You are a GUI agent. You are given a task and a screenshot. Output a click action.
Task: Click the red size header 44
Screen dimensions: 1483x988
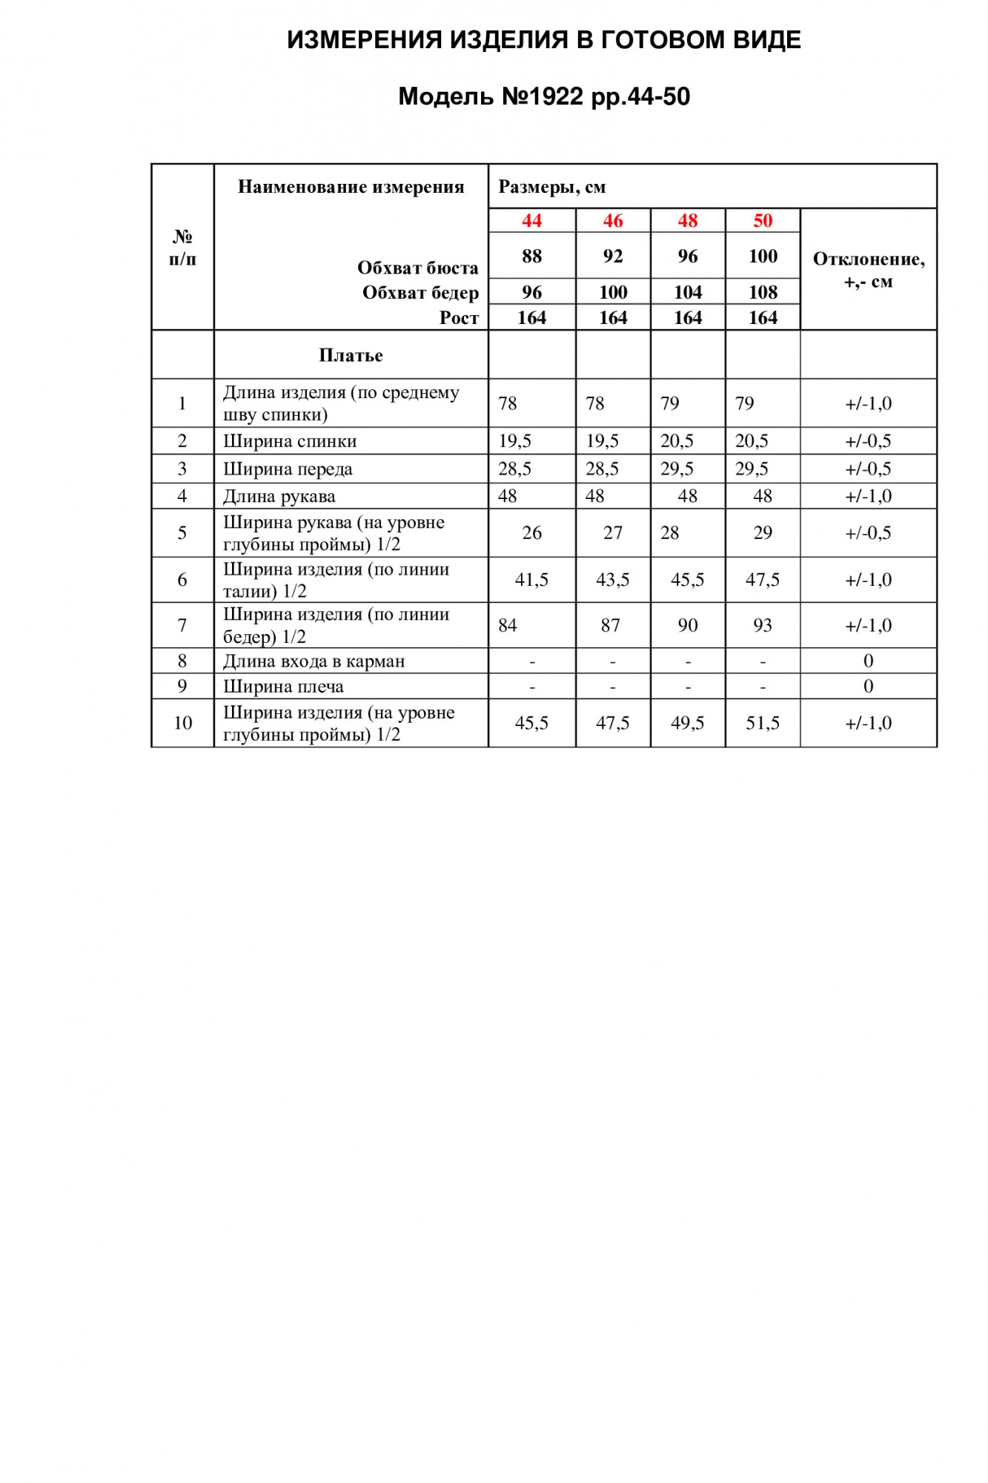[531, 220]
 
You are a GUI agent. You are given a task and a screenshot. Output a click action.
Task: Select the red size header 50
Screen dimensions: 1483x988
[763, 220]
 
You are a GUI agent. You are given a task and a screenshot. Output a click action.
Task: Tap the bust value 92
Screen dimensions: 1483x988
[613, 256]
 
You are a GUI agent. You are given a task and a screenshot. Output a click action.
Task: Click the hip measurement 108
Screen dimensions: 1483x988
[763, 292]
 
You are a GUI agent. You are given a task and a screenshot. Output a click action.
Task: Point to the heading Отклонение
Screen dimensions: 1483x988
[868, 260]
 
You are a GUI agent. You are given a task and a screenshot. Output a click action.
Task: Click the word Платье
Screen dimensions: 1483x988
[351, 355]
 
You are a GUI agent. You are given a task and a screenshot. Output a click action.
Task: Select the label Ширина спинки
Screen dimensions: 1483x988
[290, 441]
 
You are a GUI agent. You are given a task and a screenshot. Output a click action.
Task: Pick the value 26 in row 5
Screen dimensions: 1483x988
[531, 532]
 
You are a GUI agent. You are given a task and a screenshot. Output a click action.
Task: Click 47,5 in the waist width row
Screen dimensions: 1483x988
[763, 580]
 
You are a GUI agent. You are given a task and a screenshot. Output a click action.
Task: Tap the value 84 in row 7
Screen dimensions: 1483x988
[508, 625]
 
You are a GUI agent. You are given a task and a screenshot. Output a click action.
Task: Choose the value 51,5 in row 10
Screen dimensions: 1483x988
[763, 723]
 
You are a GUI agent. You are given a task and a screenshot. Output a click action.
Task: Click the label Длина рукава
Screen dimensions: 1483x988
[279, 496]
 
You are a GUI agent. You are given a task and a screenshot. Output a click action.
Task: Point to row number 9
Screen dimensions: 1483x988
[182, 686]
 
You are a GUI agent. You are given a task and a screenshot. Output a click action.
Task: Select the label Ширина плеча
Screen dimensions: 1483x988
[283, 687]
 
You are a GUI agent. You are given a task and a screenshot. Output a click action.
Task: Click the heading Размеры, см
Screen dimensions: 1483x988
[552, 187]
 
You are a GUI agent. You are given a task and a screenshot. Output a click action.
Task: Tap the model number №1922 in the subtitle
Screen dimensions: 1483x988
[543, 96]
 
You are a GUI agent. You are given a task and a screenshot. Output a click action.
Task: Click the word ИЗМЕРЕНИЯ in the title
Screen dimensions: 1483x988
[363, 39]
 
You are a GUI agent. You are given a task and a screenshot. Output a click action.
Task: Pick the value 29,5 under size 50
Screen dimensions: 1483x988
[752, 469]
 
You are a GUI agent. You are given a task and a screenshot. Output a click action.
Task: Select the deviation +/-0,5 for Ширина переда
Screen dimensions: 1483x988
[868, 469]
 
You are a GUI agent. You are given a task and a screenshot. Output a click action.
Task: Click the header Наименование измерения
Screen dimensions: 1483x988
[351, 187]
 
